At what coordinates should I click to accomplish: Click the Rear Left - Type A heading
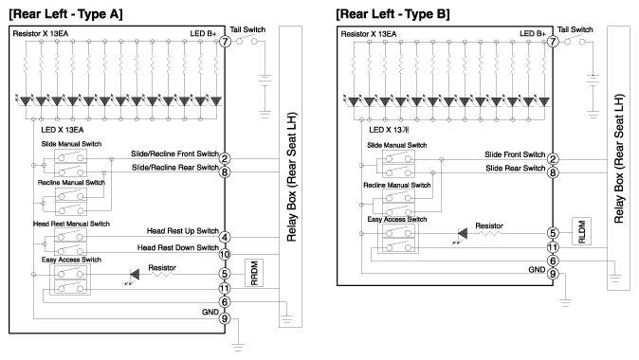tap(65, 14)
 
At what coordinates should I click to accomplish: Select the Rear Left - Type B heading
tap(393, 14)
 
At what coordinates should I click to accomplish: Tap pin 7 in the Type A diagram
tap(225, 41)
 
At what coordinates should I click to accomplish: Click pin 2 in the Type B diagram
tap(553, 159)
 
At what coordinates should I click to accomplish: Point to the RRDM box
tap(254, 273)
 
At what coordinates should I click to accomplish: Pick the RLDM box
tap(581, 231)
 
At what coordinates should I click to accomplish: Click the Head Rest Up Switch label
tap(183, 231)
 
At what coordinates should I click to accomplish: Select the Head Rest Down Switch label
tap(177, 247)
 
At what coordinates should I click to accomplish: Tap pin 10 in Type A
tap(225, 255)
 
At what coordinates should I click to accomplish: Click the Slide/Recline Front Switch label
tap(174, 153)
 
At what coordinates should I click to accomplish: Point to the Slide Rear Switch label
tap(515, 169)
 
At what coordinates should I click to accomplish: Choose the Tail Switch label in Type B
tap(575, 29)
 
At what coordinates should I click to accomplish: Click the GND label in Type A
tap(210, 312)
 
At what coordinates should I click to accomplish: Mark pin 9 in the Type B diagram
tap(553, 274)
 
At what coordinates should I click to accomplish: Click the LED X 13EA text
tap(63, 130)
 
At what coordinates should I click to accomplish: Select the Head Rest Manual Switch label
tap(71, 224)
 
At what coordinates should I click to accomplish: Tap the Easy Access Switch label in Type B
tap(397, 219)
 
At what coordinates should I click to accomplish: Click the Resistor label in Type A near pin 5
tap(162, 267)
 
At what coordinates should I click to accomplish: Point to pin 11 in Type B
tap(553, 247)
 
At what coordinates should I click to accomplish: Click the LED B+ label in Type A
tap(203, 33)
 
